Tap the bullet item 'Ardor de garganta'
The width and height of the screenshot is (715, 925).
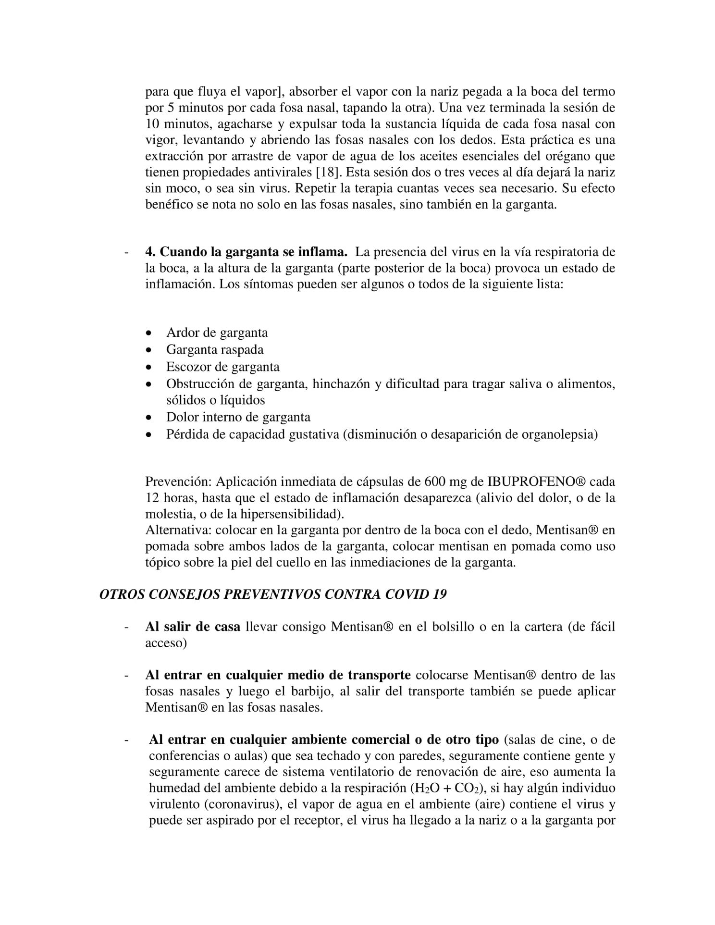click(x=217, y=333)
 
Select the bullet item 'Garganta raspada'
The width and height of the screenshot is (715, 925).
click(x=214, y=349)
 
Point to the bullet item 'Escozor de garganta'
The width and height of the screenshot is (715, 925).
click(x=222, y=367)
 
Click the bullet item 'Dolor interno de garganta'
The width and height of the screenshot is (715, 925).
click(x=238, y=417)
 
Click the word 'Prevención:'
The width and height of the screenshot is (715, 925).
click(x=178, y=481)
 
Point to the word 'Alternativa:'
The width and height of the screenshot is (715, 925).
click(x=178, y=530)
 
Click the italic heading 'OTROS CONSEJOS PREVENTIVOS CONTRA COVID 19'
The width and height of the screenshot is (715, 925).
click(x=273, y=594)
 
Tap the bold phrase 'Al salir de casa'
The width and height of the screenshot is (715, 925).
click(x=193, y=627)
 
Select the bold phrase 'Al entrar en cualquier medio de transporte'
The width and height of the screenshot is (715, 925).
click(x=278, y=675)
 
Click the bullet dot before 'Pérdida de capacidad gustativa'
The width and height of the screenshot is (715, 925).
click(x=150, y=435)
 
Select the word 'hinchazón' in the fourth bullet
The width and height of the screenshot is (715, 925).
click(x=341, y=384)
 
